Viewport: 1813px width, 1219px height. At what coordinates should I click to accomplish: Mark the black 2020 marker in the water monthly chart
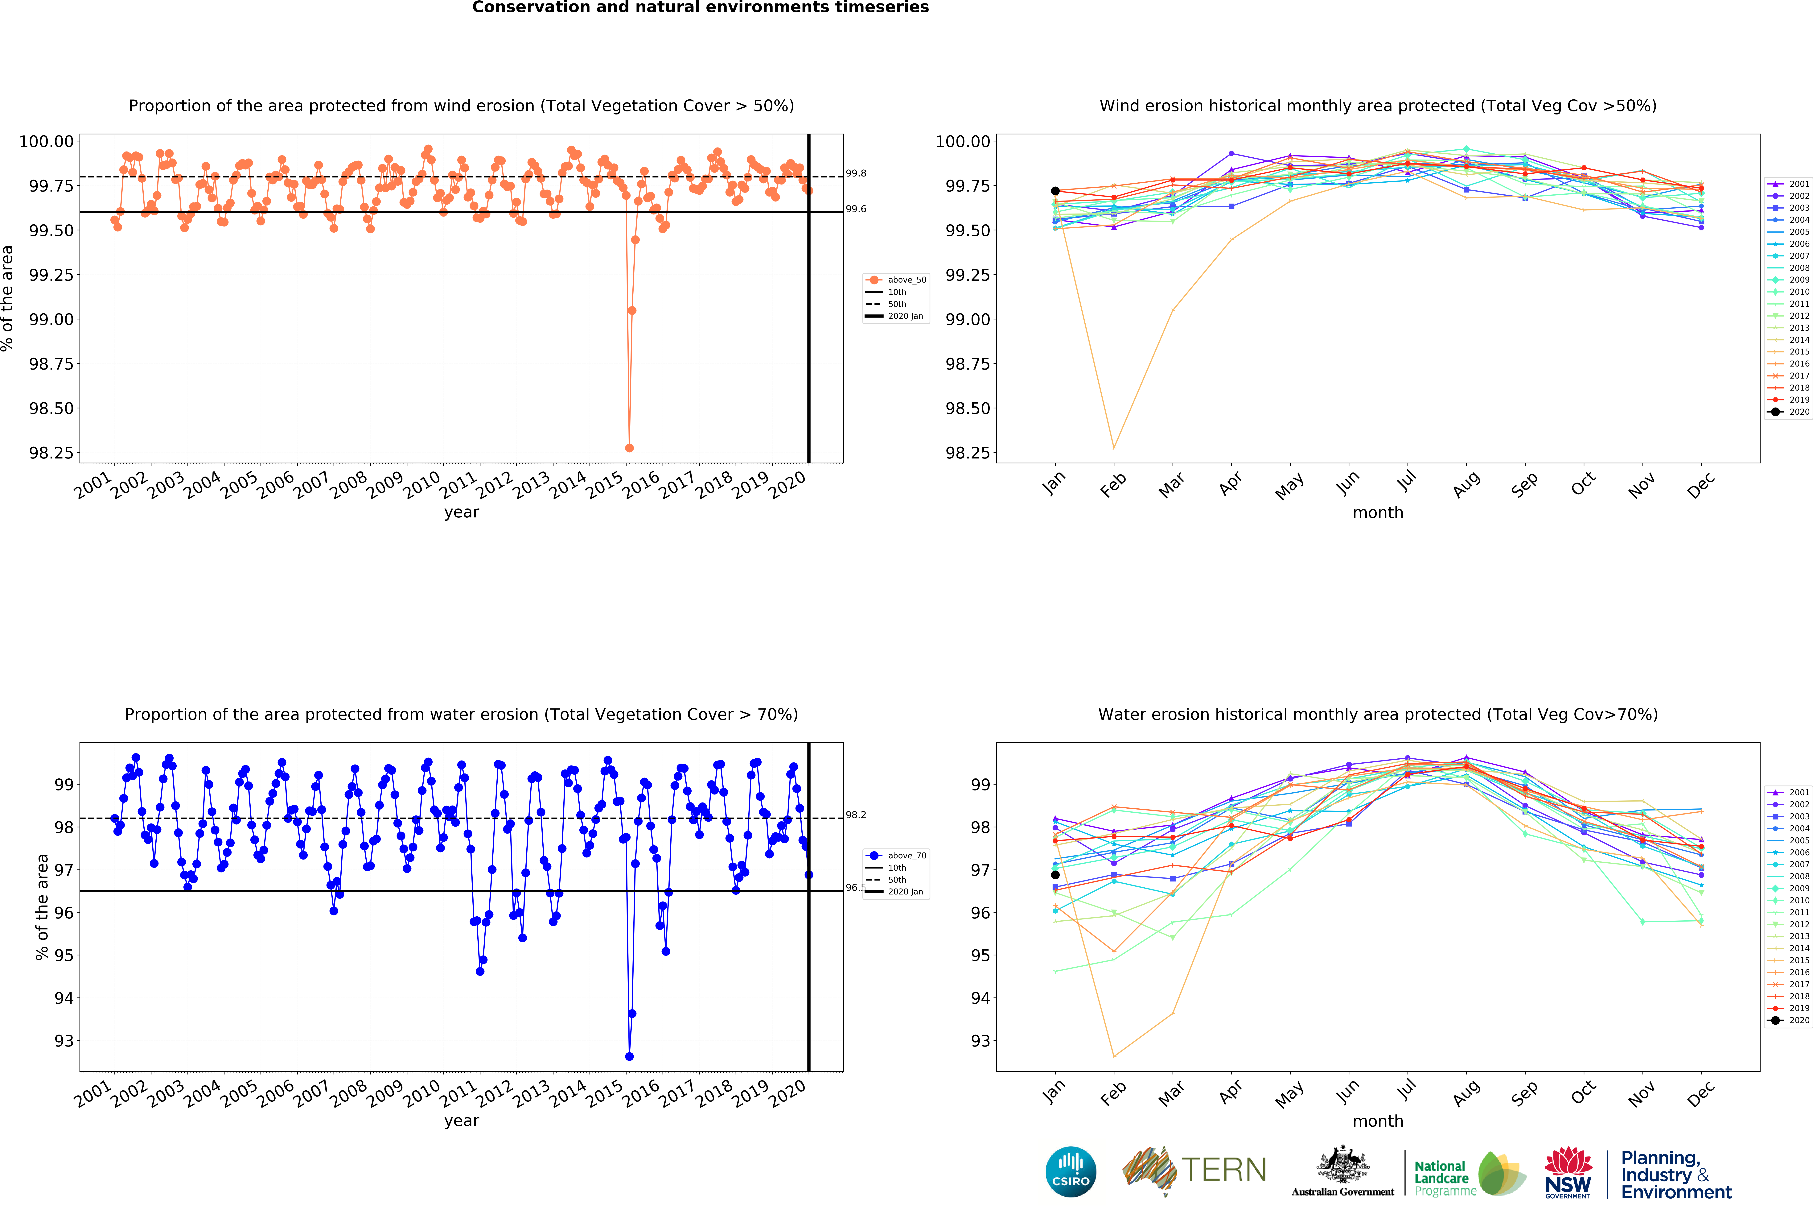1055,875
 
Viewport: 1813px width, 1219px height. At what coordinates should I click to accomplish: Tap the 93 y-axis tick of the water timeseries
64,1041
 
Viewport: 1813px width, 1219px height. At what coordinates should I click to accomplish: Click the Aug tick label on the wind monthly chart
1466,485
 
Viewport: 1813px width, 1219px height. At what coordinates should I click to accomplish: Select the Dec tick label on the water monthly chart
1700,1094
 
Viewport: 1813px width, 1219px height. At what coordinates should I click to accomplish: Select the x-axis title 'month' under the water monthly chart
1378,1121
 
